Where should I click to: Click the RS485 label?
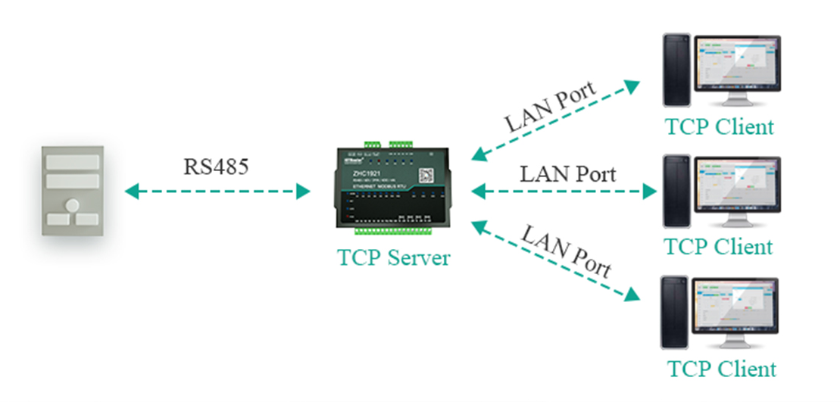click(x=216, y=166)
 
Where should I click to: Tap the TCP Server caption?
click(x=393, y=257)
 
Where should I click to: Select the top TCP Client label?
click(x=719, y=126)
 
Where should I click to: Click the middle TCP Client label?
click(x=719, y=247)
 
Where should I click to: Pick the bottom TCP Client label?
click(x=721, y=369)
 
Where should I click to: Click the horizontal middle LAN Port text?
click(x=568, y=173)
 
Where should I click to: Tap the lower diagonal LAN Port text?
click(x=567, y=250)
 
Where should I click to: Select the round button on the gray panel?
click(x=73, y=204)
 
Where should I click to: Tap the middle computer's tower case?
click(x=676, y=191)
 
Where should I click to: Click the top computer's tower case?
click(x=676, y=70)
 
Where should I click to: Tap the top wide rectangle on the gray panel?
click(x=73, y=161)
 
